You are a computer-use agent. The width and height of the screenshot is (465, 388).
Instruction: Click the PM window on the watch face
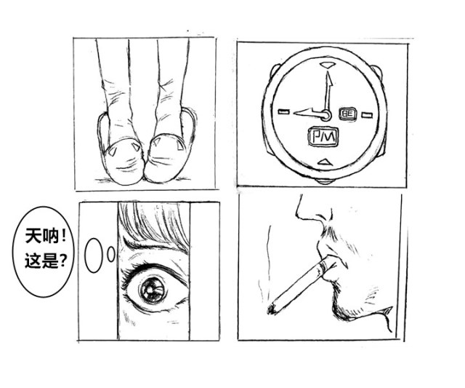tap(323, 137)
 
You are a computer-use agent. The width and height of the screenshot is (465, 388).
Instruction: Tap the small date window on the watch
tap(348, 114)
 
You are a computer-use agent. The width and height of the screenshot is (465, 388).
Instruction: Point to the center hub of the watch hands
tap(325, 115)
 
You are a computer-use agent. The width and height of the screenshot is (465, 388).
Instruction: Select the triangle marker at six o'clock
tap(324, 162)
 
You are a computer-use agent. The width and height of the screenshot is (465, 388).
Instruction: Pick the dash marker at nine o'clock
tap(284, 112)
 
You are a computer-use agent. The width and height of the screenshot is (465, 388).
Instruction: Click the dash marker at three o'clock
tap(367, 115)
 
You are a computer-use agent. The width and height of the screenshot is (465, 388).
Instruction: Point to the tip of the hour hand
tap(294, 113)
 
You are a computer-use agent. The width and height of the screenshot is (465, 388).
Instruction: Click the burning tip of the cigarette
tap(272, 309)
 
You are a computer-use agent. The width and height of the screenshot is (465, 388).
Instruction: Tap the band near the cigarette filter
tap(323, 265)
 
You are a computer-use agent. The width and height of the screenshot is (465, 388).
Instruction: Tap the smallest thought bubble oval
tap(111, 254)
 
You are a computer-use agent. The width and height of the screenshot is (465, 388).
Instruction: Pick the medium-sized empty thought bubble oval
tap(94, 256)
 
